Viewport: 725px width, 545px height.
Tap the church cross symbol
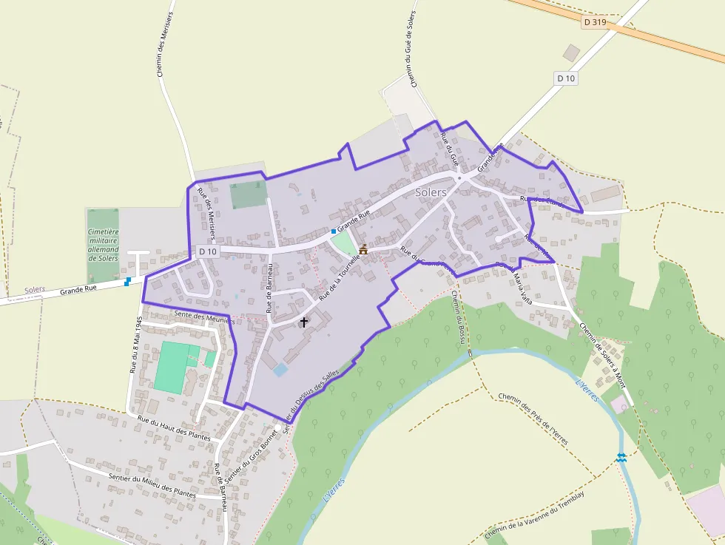pyautogui.click(x=303, y=323)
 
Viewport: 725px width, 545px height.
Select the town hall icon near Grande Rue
pyautogui.click(x=363, y=250)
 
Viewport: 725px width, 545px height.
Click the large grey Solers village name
pyautogui.click(x=431, y=192)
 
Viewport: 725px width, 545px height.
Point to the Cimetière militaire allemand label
pyautogui.click(x=103, y=245)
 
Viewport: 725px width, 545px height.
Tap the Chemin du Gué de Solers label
pyautogui.click(x=410, y=45)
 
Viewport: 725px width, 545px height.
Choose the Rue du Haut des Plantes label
pyautogui.click(x=174, y=428)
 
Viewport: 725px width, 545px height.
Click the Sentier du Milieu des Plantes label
pyautogui.click(x=152, y=485)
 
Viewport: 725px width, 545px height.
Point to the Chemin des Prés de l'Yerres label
pyautogui.click(x=533, y=419)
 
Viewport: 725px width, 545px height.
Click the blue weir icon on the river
pyautogui.click(x=621, y=458)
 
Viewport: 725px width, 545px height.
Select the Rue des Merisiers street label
pyautogui.click(x=206, y=214)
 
